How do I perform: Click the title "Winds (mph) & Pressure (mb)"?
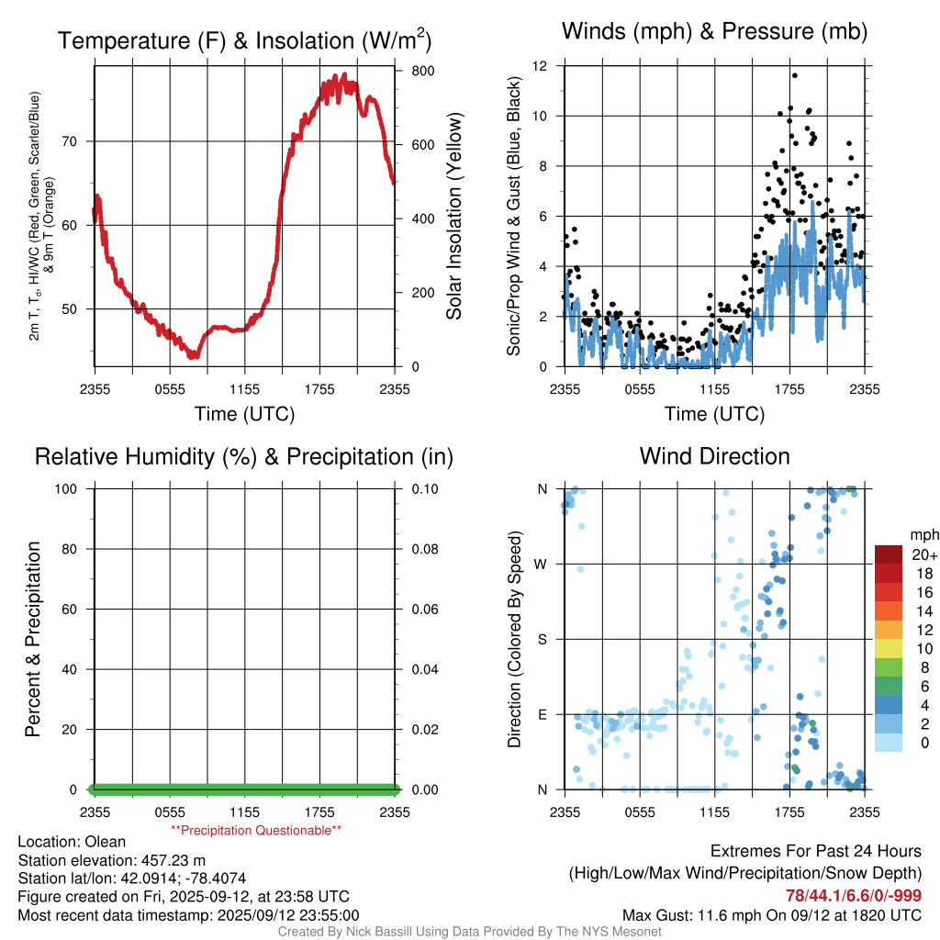click(x=714, y=32)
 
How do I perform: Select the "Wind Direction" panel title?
click(x=714, y=456)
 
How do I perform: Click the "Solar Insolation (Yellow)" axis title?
click(x=454, y=217)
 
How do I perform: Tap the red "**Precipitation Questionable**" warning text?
click(x=256, y=831)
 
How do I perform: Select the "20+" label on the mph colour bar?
click(x=924, y=555)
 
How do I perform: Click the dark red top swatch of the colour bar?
click(x=889, y=554)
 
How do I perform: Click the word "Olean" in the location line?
click(x=106, y=842)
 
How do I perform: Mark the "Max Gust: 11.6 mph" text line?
click(x=771, y=915)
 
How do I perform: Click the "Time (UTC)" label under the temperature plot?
click(x=244, y=414)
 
